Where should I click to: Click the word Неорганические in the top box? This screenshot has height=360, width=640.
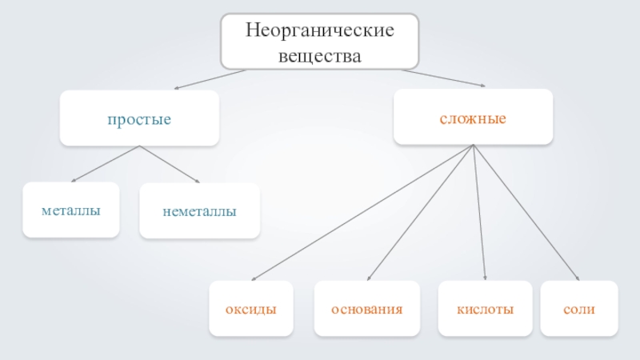(x=319, y=32)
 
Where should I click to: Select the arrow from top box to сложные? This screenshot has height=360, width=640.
(x=444, y=78)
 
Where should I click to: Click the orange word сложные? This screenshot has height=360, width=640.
(x=473, y=118)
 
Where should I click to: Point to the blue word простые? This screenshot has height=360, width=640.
(x=140, y=119)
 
